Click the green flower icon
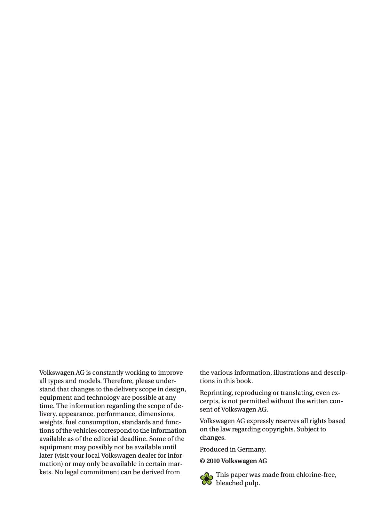tap(207, 479)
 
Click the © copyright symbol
tap(202, 461)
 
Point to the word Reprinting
tap(216, 393)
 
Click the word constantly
tap(107, 373)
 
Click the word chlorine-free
tap(315, 475)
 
